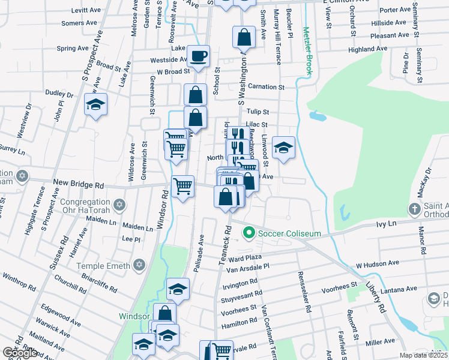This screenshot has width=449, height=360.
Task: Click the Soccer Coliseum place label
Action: click(x=287, y=233)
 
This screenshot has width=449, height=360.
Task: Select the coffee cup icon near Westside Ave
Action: click(x=198, y=57)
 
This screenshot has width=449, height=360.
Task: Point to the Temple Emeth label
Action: click(x=107, y=265)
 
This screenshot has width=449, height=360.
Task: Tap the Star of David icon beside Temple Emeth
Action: click(x=140, y=265)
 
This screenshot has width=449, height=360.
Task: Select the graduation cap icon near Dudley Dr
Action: click(x=95, y=105)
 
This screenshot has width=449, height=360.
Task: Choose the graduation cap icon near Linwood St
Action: click(x=283, y=147)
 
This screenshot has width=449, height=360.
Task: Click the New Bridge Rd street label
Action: click(x=78, y=181)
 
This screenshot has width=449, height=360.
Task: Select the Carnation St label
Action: click(x=265, y=87)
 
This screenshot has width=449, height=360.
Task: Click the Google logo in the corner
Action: click(x=20, y=353)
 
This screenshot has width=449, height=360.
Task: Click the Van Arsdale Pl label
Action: click(x=248, y=267)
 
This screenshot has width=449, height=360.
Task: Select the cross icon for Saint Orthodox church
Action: click(x=414, y=209)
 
